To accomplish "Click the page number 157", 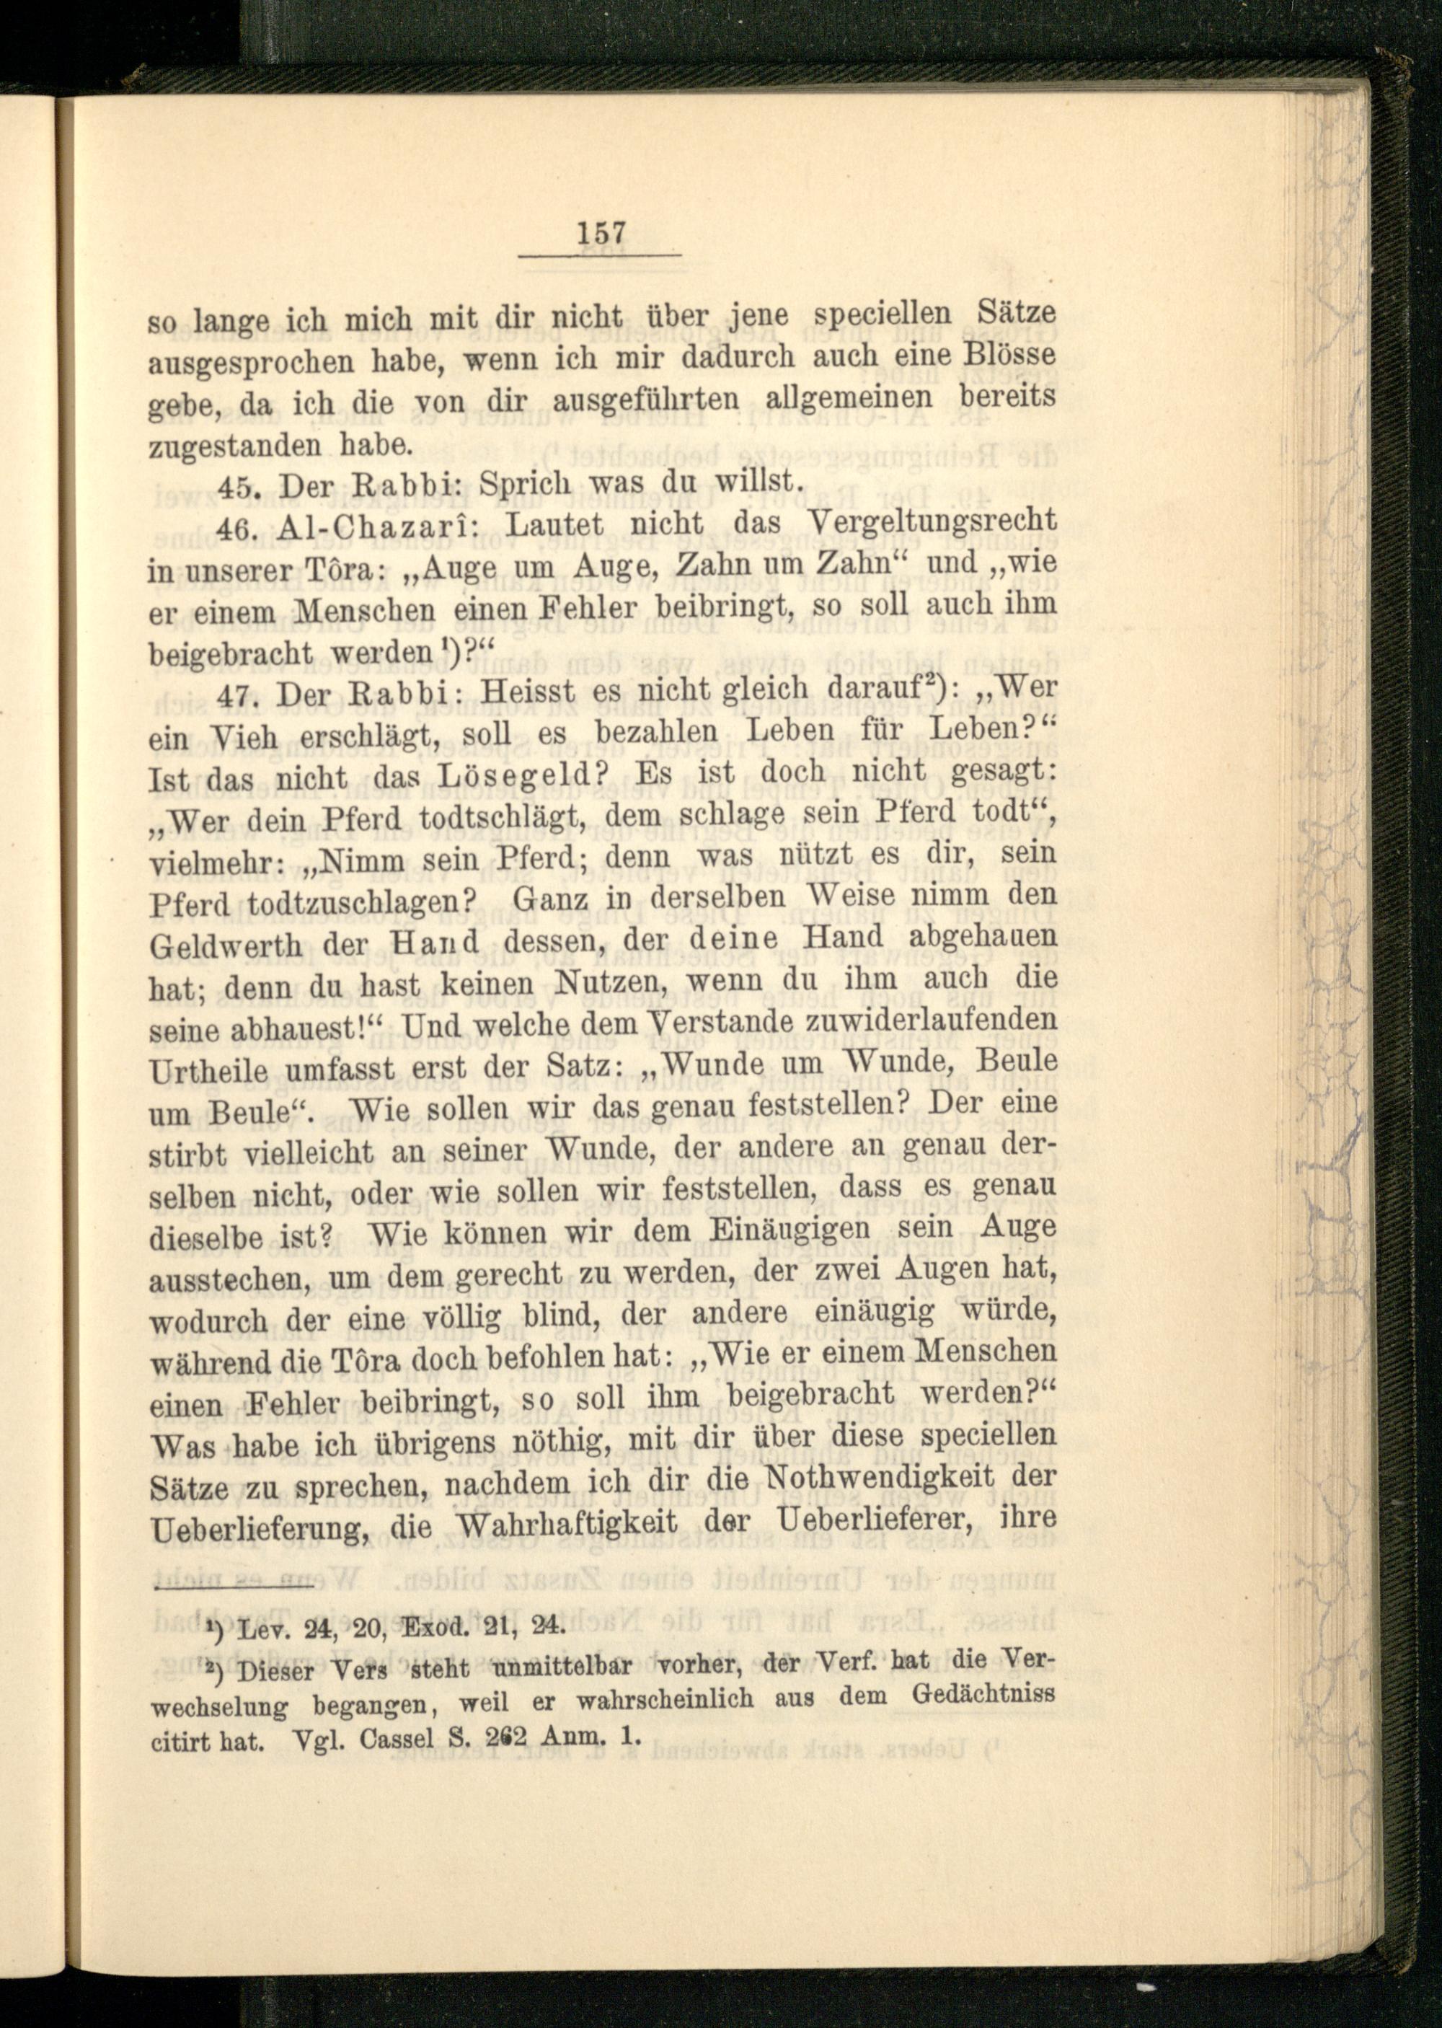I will pyautogui.click(x=602, y=234).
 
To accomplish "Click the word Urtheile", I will pyautogui.click(x=208, y=1072).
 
